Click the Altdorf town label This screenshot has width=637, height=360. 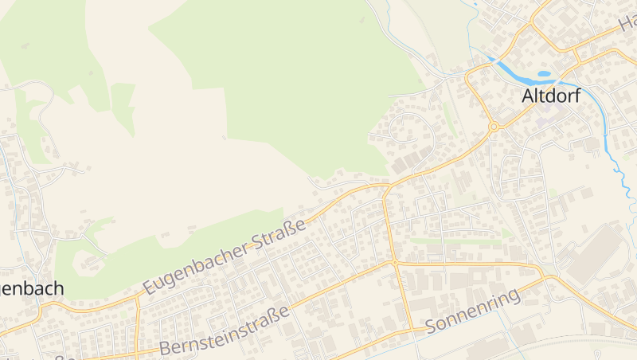pos(551,96)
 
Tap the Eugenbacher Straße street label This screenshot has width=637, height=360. pos(225,257)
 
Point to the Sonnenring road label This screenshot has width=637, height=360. pos(473,311)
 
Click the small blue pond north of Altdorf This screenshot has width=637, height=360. pos(544,74)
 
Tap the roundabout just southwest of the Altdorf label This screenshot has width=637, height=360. pos(494,126)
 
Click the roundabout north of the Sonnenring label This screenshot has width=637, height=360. pos(394,262)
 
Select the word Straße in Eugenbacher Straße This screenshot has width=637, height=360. pos(279,237)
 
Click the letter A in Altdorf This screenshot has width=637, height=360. pos(528,96)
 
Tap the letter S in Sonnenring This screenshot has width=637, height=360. pos(432,327)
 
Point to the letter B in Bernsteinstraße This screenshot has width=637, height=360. pos(164,348)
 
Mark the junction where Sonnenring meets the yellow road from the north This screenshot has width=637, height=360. pos(412,329)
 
